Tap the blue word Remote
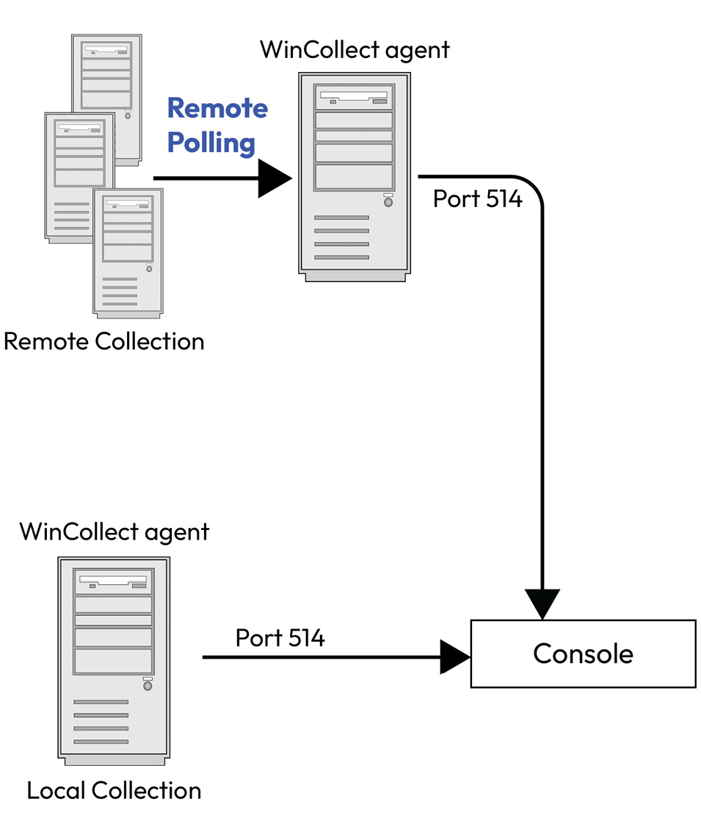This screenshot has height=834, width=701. (x=217, y=108)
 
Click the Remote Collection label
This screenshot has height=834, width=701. (x=104, y=341)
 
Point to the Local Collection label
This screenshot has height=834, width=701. (x=114, y=791)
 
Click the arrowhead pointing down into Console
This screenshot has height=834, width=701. (x=542, y=603)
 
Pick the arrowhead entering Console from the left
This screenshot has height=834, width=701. (x=455, y=656)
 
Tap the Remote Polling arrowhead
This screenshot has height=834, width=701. (x=275, y=178)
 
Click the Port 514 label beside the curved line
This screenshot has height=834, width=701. (x=477, y=198)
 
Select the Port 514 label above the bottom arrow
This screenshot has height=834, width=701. (x=280, y=638)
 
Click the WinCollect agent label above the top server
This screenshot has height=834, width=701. (x=355, y=51)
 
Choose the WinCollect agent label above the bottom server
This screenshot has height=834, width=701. (x=115, y=531)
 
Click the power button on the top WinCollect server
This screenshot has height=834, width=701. (x=388, y=202)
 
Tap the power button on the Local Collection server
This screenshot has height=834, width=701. (x=148, y=686)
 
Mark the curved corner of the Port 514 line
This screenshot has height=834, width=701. (x=532, y=186)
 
